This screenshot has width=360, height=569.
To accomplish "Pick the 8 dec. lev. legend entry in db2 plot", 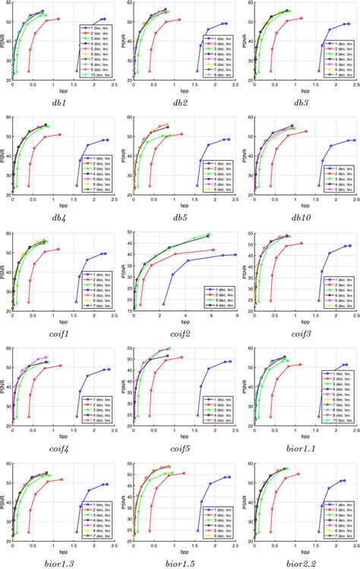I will click(219, 75).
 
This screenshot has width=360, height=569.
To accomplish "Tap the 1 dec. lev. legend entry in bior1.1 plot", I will click(339, 374).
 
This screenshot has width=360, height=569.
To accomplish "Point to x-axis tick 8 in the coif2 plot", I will click(237, 314).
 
